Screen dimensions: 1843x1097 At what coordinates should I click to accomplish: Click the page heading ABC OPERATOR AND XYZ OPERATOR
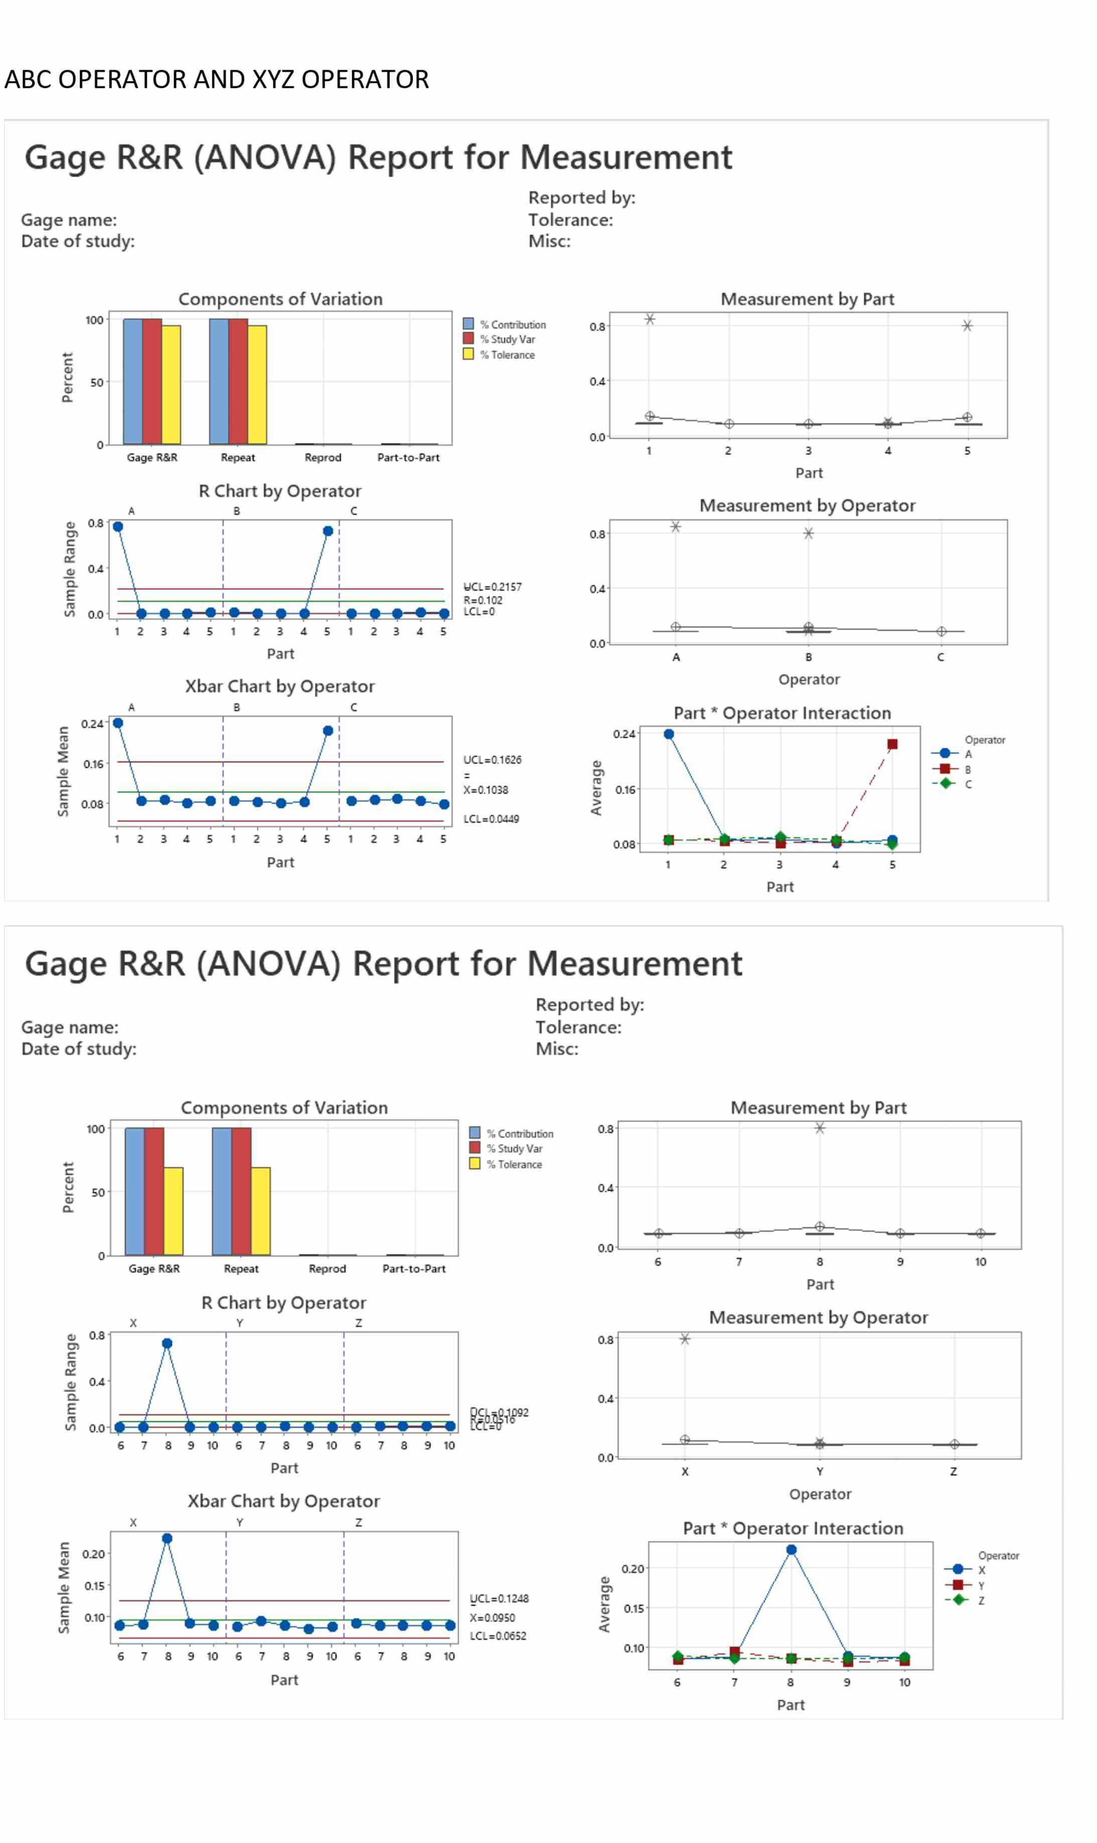(x=217, y=79)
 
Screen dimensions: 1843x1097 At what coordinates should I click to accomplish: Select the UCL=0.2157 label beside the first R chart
(x=492, y=586)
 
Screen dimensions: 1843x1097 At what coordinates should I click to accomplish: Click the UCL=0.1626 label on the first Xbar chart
(x=492, y=759)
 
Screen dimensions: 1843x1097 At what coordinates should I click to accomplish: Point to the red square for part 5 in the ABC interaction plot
(x=892, y=744)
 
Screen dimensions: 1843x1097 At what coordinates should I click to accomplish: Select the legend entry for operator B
(x=967, y=769)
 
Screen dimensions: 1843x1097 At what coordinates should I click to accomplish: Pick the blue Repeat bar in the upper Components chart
(x=219, y=381)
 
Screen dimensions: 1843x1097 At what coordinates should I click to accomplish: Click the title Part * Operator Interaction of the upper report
(x=782, y=713)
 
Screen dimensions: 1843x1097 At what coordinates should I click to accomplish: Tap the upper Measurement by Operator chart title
(x=807, y=505)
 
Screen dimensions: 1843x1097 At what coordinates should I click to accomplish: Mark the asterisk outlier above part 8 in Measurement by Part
(x=819, y=1127)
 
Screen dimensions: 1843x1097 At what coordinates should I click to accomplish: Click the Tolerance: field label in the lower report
(x=578, y=1026)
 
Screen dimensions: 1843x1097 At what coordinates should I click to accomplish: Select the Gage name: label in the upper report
(x=69, y=220)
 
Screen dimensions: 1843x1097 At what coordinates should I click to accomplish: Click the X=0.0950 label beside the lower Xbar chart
(x=492, y=1617)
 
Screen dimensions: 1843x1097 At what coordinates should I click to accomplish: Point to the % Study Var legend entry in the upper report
(x=512, y=339)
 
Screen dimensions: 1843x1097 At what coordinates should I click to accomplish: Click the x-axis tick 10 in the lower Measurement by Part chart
(x=980, y=1261)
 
